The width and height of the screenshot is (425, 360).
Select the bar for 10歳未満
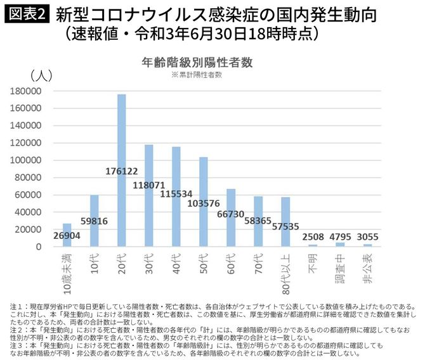67,235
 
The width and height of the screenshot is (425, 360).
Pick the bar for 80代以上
285,222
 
